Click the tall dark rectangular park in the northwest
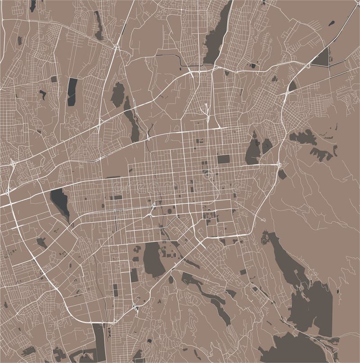[72, 92]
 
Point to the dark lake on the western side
[60, 203]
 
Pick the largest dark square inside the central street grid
[223, 159]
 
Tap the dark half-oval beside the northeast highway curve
[292, 85]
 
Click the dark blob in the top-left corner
[33, 5]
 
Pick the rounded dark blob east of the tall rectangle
[118, 94]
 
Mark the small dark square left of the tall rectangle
[54, 79]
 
